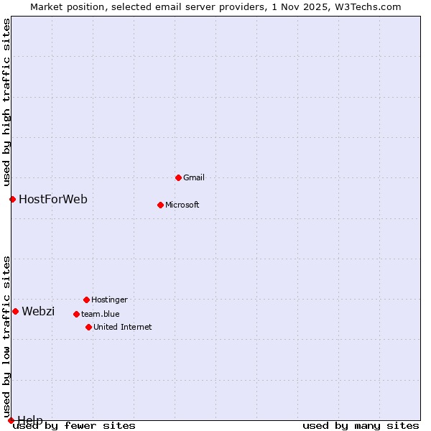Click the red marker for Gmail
pyautogui.click(x=178, y=177)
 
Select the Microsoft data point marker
pyautogui.click(x=160, y=205)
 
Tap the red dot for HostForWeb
pyautogui.click(x=12, y=199)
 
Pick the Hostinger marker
pyautogui.click(x=86, y=300)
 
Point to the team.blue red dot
pyautogui.click(x=76, y=314)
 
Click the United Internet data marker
pyautogui.click(x=88, y=327)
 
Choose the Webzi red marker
pyautogui.click(x=15, y=311)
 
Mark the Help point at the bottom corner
pyautogui.click(x=11, y=420)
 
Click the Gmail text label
pyautogui.click(x=194, y=177)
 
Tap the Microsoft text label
pyautogui.click(x=182, y=205)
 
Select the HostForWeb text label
pyautogui.click(x=53, y=199)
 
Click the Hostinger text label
pyautogui.click(x=109, y=300)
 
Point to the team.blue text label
pyautogui.click(x=101, y=314)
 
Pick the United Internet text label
pyautogui.click(x=123, y=327)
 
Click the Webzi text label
pyautogui.click(x=38, y=311)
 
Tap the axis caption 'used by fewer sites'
pyautogui.click(x=75, y=426)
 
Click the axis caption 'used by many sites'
pyautogui.click(x=361, y=426)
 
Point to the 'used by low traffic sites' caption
pyautogui.click(x=6, y=336)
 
